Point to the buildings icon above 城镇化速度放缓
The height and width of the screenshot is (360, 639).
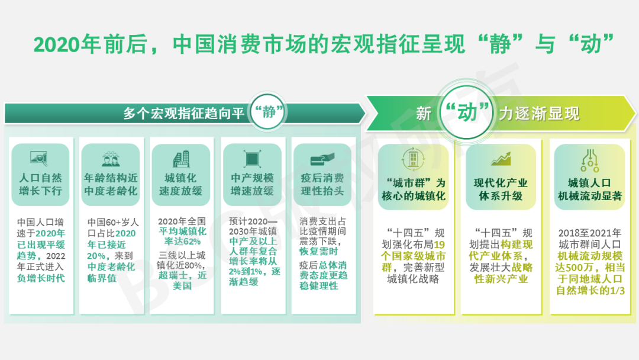pos(181,159)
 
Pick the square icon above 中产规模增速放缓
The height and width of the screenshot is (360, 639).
pos(251,159)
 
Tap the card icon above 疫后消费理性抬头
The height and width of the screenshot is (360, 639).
pos(322,159)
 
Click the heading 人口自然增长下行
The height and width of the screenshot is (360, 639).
pos(40,184)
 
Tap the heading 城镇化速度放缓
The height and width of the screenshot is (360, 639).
pos(181,184)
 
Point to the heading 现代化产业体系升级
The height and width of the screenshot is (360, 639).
pos(501,189)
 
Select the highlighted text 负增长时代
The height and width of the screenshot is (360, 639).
pos(41,278)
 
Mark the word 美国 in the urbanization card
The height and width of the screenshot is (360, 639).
pos(183,285)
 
